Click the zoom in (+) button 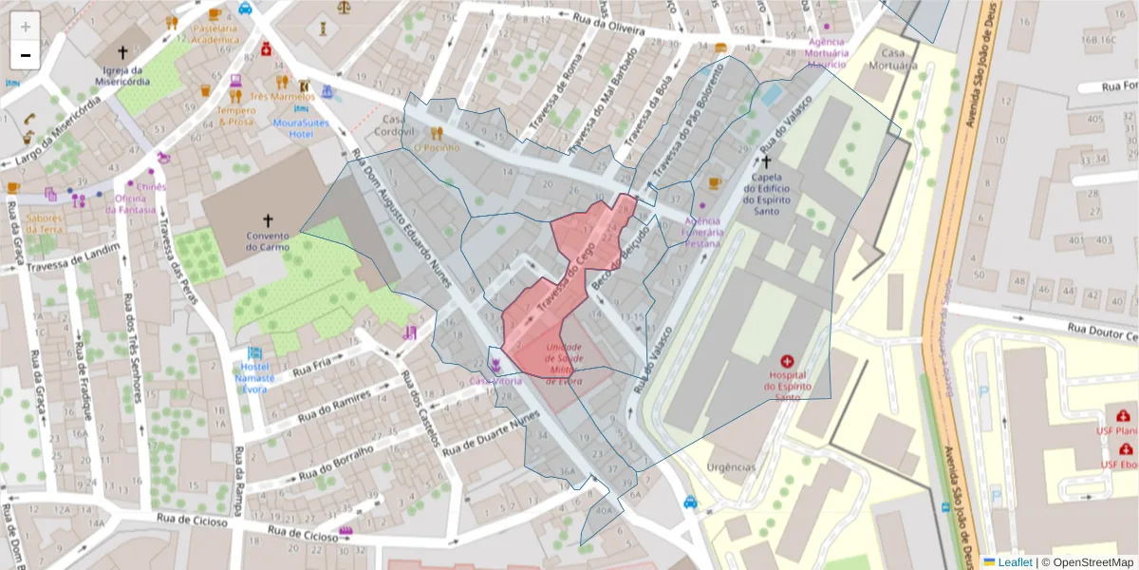25,26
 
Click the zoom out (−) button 25,55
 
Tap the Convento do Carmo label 267,241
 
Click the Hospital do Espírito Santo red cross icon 786,362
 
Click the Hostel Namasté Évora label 253,377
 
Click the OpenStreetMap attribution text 1088,561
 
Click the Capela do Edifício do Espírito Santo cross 766,161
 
